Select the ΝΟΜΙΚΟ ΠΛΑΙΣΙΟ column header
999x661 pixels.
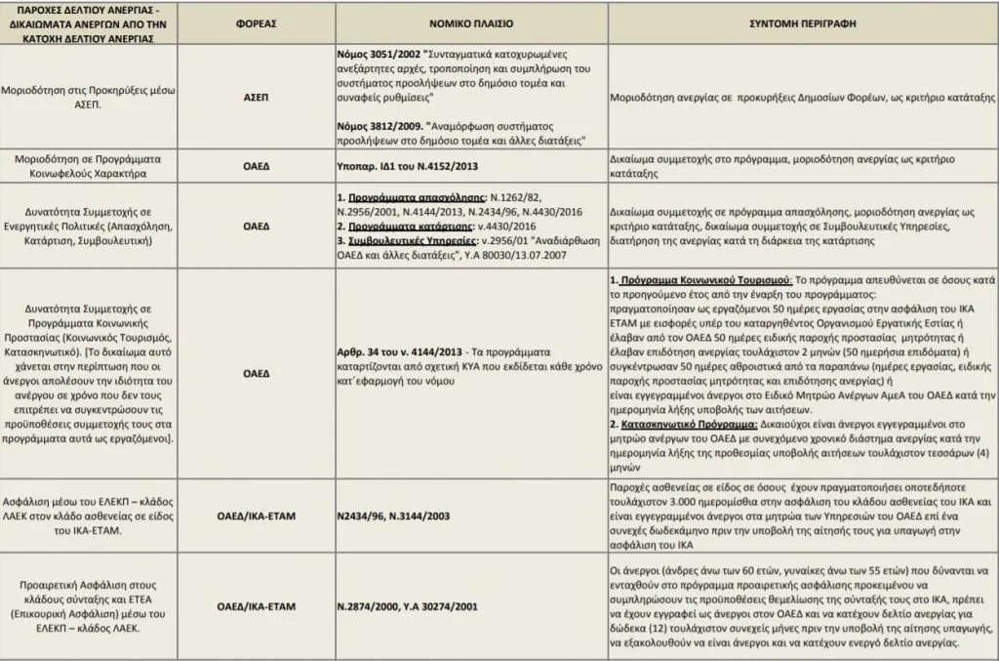[468, 21]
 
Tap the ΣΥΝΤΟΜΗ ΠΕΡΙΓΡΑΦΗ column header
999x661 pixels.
[801, 21]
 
